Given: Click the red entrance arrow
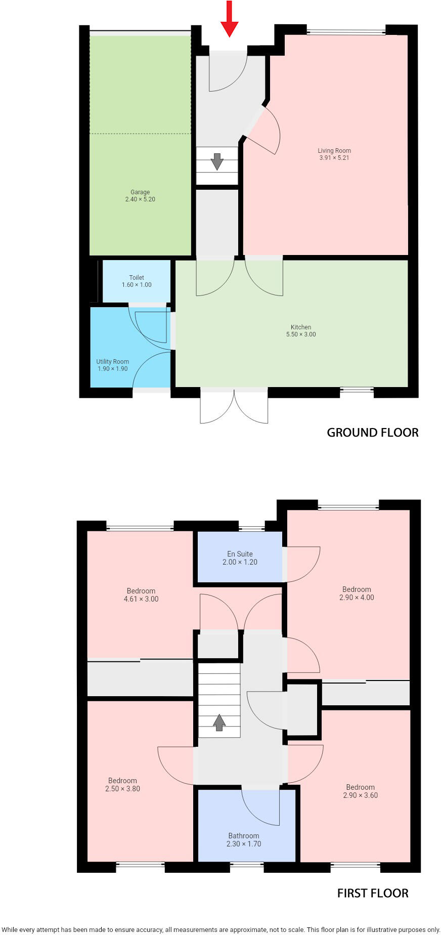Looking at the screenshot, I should point(229,19).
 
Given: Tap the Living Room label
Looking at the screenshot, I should point(334,151).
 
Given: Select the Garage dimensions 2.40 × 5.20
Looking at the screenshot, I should point(140,199).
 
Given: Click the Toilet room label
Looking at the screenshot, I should point(137,278).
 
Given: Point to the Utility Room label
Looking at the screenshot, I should point(113,362).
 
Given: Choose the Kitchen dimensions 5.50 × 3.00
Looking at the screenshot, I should point(301,334).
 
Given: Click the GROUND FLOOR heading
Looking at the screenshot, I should point(373,433).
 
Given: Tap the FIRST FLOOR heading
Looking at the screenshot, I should point(373,893).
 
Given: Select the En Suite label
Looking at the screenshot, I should point(240,554).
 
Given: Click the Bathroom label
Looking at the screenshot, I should point(244,836).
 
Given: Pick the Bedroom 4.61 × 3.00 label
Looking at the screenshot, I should point(141,595).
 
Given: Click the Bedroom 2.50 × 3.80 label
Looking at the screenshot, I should point(122,785).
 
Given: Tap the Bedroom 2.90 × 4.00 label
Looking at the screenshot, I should point(357,593).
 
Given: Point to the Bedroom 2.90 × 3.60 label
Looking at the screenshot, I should point(360,791).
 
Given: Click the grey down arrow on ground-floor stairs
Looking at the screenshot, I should point(217,161).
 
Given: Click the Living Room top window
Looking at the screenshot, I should point(346,32).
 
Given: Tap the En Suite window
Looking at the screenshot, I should point(251,529).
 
